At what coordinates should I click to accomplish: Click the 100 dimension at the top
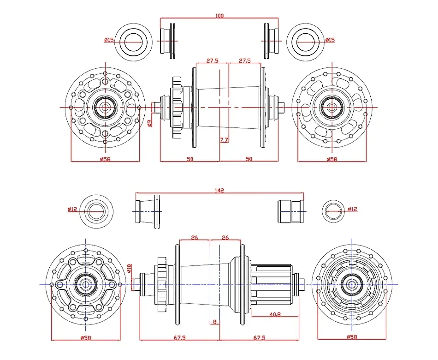[x=219, y=16]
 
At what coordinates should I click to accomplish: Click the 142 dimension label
[x=219, y=190]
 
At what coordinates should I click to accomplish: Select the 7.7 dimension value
[x=224, y=140]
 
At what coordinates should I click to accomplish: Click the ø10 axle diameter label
[x=130, y=268]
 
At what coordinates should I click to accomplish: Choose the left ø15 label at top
[x=109, y=40]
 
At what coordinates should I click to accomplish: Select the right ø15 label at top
[x=330, y=40]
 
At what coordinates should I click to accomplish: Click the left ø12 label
[x=72, y=209]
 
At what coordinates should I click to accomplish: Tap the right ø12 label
[x=352, y=209]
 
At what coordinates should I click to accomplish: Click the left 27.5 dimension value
[x=213, y=60]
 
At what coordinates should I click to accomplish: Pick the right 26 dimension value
[x=225, y=238]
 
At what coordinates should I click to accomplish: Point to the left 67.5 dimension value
[x=180, y=338]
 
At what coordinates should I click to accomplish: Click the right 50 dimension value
[x=249, y=159]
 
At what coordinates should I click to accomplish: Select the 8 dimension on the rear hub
[x=215, y=322]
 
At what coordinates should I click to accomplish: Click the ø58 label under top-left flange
[x=105, y=159]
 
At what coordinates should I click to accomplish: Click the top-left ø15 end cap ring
[x=133, y=42]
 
